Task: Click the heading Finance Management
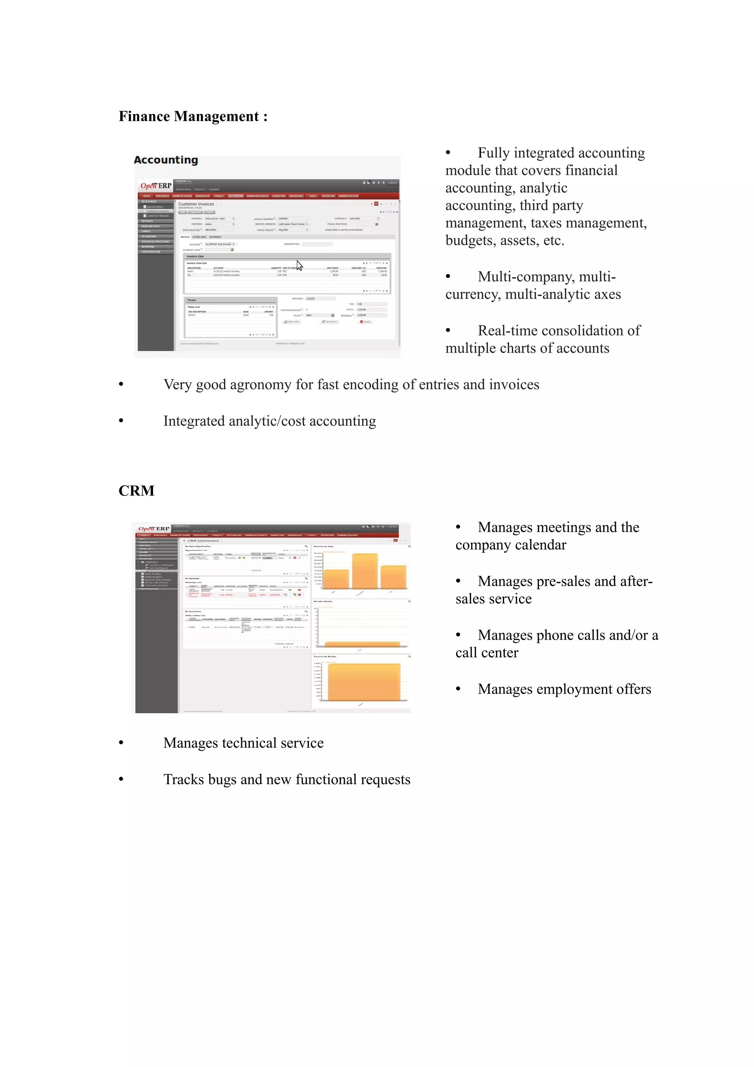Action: pos(193,116)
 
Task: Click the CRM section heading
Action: pos(136,491)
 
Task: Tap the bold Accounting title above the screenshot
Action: pos(166,160)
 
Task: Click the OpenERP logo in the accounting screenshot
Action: pos(156,186)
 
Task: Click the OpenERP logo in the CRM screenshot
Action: pos(154,529)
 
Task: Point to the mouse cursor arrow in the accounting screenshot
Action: pos(299,265)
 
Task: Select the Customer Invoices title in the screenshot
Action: pos(196,204)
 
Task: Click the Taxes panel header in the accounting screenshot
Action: pos(192,300)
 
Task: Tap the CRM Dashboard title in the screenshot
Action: pos(202,540)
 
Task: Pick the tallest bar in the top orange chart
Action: pos(365,571)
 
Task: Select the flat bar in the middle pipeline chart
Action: pos(362,644)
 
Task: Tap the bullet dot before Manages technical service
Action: pos(121,743)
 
